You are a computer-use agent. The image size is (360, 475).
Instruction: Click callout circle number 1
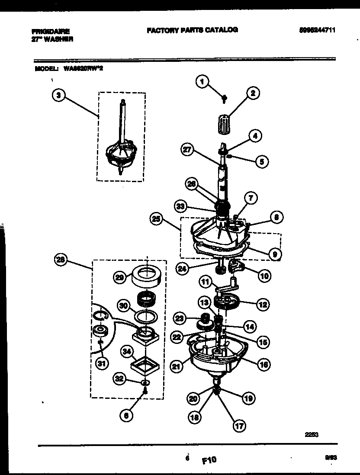pos(202,81)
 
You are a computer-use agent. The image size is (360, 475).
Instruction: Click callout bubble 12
pos(262,305)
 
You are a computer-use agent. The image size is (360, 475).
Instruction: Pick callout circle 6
pos(126,415)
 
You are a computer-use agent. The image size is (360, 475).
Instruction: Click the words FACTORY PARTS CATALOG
pos(192,30)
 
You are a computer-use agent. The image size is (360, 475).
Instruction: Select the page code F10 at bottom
pos(209,461)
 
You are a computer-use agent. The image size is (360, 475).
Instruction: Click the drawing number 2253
pos(312,436)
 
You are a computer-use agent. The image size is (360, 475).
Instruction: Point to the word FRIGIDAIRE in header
pos(50,32)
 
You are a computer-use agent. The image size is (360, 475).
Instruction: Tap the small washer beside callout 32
pos(146,382)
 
